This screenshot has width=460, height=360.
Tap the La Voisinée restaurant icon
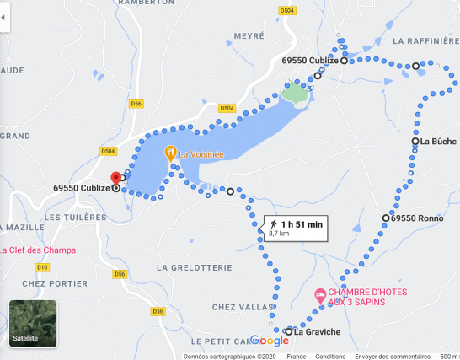coord(169,153)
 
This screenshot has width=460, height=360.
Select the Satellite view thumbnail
coord(33,322)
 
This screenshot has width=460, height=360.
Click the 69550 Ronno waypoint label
coord(418,218)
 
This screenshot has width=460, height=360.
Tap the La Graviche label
coord(317,331)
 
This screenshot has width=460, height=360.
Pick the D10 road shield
coord(42,267)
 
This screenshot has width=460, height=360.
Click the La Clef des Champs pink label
coord(37,250)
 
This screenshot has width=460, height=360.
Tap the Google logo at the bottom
coord(269,341)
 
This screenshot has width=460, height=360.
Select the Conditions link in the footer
coord(330,356)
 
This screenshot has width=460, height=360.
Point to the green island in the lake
coord(295,94)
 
